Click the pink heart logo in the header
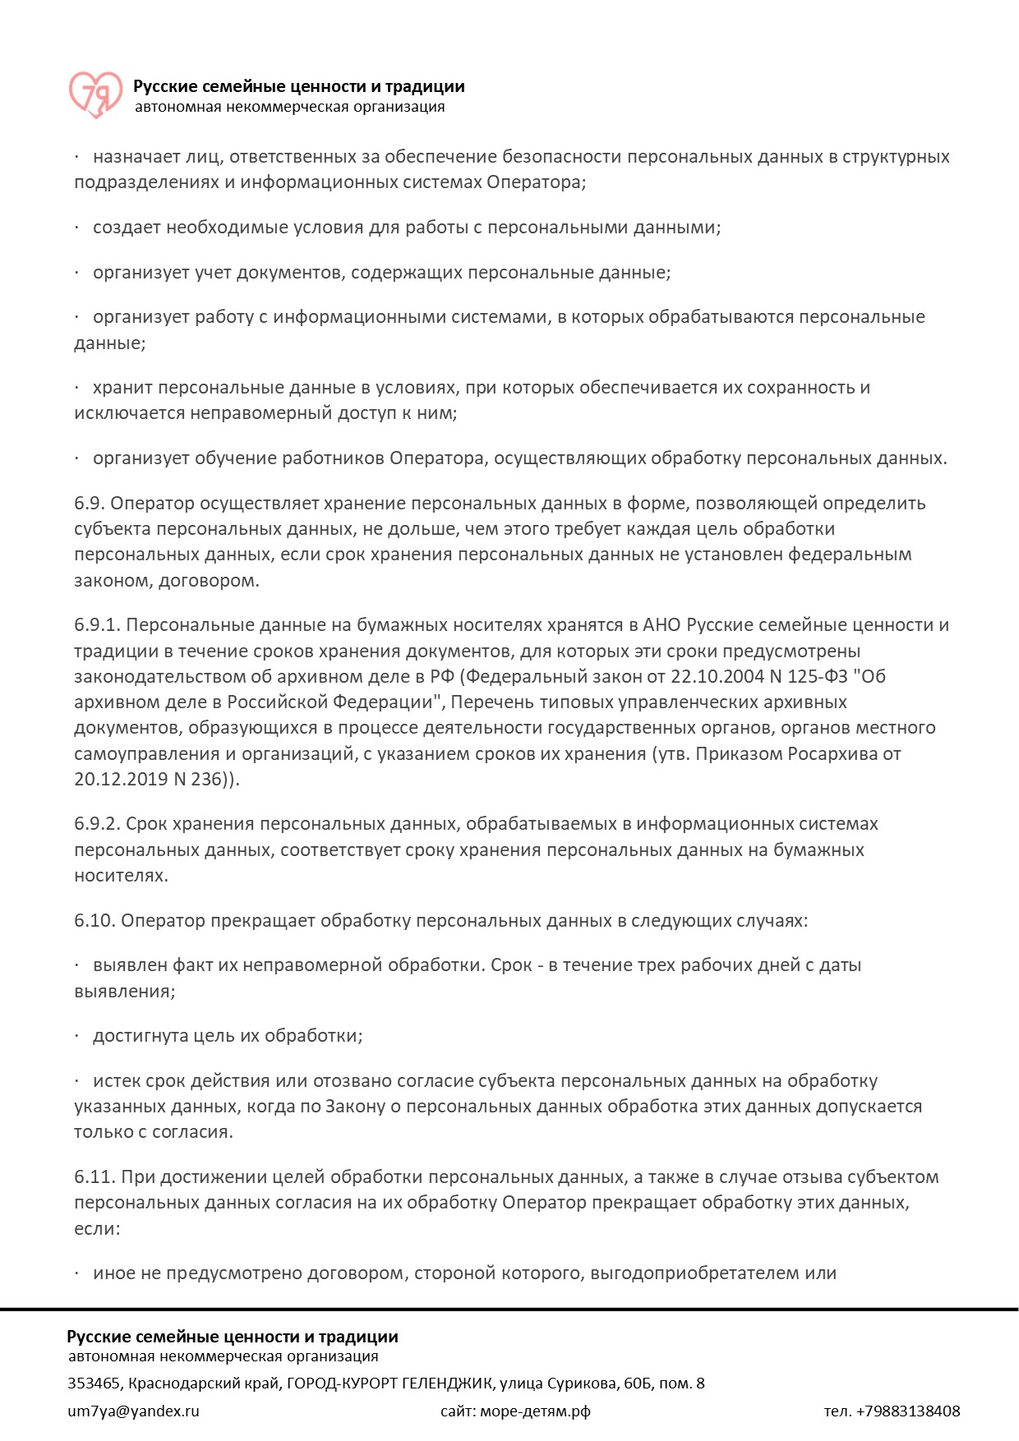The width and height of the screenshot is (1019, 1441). click(x=95, y=94)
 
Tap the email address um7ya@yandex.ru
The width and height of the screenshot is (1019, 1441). click(x=133, y=1411)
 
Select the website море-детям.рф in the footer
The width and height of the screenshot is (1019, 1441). click(x=535, y=1411)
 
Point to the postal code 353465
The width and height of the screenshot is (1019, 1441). click(x=94, y=1383)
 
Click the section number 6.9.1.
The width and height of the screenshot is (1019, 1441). click(x=97, y=625)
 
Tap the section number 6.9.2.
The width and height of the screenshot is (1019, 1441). click(x=97, y=824)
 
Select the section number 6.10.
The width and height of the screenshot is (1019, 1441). click(x=94, y=921)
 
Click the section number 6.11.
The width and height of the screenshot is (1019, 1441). click(x=94, y=1177)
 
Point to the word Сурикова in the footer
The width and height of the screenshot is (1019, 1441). click(x=584, y=1383)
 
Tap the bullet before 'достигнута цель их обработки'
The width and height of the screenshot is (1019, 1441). click(x=77, y=1036)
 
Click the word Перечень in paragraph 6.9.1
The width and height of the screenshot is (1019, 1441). click(x=488, y=702)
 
